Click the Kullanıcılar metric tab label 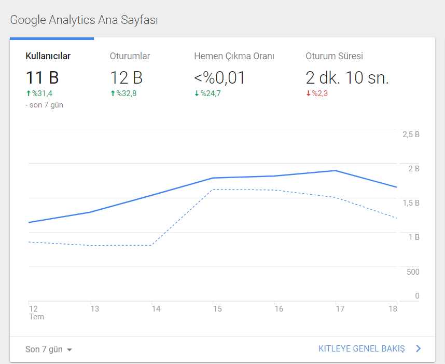[x=48, y=56]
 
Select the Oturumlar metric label [x=130, y=56]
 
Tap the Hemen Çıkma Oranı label [x=234, y=56]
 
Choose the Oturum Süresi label [x=335, y=56]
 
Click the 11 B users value [x=43, y=77]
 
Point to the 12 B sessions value [x=126, y=77]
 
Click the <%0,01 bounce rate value [x=219, y=78]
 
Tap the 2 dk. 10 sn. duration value [x=347, y=77]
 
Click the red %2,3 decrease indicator [x=317, y=93]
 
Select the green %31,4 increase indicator [x=39, y=93]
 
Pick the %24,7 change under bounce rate [x=207, y=93]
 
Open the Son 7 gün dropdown [x=49, y=349]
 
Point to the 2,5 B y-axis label [x=411, y=134]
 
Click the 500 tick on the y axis [x=413, y=272]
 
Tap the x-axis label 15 [x=217, y=309]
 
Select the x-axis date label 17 [x=340, y=309]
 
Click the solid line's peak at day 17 [x=336, y=170]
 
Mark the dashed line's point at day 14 [x=151, y=245]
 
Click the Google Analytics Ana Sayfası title [x=84, y=20]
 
